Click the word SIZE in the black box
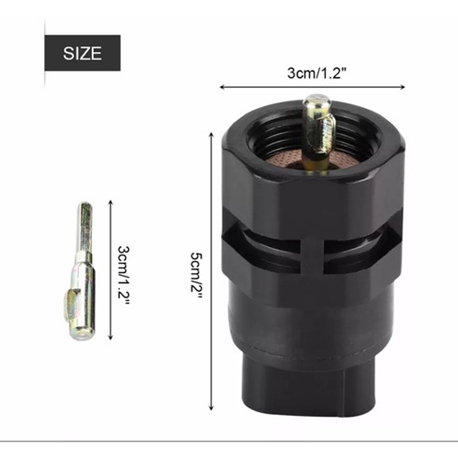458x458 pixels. click(83, 53)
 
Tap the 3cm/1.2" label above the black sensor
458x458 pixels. click(317, 73)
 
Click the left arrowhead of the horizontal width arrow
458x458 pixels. click(222, 87)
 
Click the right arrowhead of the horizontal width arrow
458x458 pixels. click(403, 87)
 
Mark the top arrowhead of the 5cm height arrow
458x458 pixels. click(212, 134)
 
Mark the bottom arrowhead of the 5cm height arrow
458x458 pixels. click(212, 408)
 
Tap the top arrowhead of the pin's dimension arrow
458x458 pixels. click(110, 202)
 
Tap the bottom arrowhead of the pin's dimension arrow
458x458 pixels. click(110, 337)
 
